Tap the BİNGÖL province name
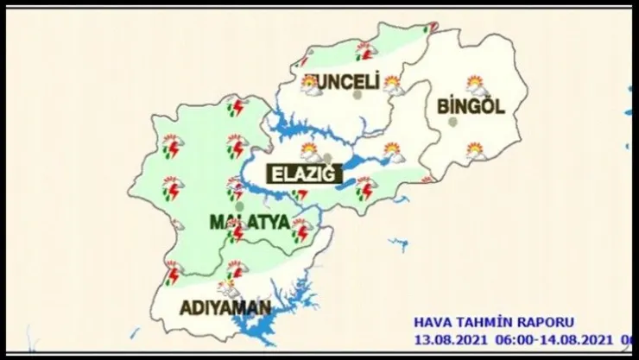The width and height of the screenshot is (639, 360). point(471,107)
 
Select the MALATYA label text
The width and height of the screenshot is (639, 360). point(250,222)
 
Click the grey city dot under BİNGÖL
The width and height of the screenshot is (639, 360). point(452,122)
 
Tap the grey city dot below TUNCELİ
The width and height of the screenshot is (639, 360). point(357,95)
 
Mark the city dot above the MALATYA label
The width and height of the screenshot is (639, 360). point(239,205)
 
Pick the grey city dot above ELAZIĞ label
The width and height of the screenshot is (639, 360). point(327,157)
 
